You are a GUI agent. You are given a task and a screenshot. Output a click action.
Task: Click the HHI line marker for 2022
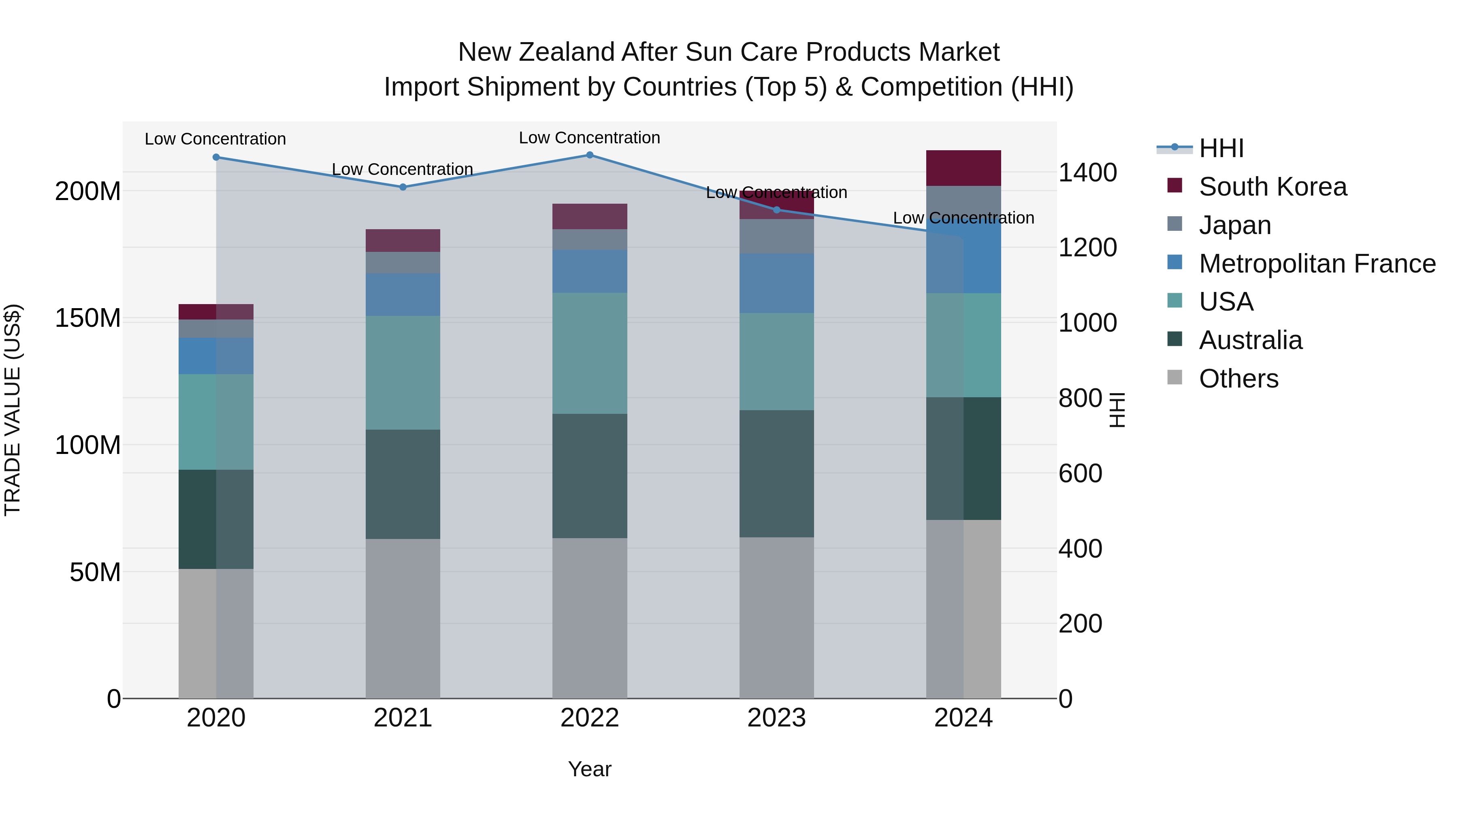[x=589, y=155]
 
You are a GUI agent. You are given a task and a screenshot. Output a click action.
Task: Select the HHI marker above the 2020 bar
[x=216, y=158]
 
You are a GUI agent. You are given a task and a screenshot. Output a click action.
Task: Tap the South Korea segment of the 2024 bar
[x=963, y=168]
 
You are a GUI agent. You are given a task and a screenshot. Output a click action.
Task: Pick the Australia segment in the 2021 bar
[x=403, y=484]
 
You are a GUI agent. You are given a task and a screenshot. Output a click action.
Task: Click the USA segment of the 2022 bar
[x=589, y=353]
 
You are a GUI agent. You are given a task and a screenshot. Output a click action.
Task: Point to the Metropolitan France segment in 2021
[x=403, y=294]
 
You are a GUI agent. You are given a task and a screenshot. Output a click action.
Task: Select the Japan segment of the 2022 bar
[x=589, y=239]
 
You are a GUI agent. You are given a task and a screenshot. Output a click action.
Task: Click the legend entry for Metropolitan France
[x=1317, y=264]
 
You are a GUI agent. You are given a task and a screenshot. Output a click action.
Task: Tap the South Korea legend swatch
[x=1174, y=185]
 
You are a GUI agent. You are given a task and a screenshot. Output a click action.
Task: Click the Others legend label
[x=1238, y=379]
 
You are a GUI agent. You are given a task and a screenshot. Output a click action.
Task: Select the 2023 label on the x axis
[x=776, y=718]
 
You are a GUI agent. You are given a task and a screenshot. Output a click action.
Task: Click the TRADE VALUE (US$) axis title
[x=13, y=410]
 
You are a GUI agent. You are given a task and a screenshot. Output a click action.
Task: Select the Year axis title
[x=589, y=769]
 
